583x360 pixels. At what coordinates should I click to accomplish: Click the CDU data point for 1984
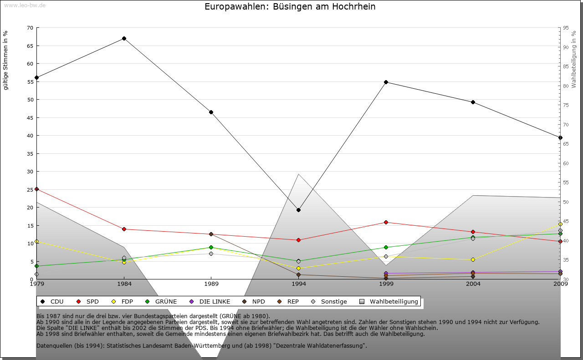point(124,39)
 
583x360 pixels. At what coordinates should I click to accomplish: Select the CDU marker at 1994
point(298,210)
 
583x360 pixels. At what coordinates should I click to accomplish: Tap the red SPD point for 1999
point(386,223)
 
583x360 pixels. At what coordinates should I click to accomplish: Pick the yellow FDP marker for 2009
point(560,224)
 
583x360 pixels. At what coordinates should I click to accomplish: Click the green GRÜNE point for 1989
point(211,248)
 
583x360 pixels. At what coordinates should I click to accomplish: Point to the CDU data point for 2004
point(473,102)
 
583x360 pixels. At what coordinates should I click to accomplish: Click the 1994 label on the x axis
point(299,284)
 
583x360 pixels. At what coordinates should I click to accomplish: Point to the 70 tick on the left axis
point(30,28)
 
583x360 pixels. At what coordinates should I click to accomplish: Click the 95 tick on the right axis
point(566,28)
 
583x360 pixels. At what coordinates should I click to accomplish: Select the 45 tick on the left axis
point(30,117)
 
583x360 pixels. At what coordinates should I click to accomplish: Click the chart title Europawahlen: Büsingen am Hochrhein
point(290,7)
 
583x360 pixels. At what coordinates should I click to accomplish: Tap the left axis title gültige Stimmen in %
point(5,60)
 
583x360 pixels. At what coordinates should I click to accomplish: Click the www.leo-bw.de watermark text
point(25,5)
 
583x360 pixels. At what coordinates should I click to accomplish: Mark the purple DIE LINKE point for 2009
point(560,272)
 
